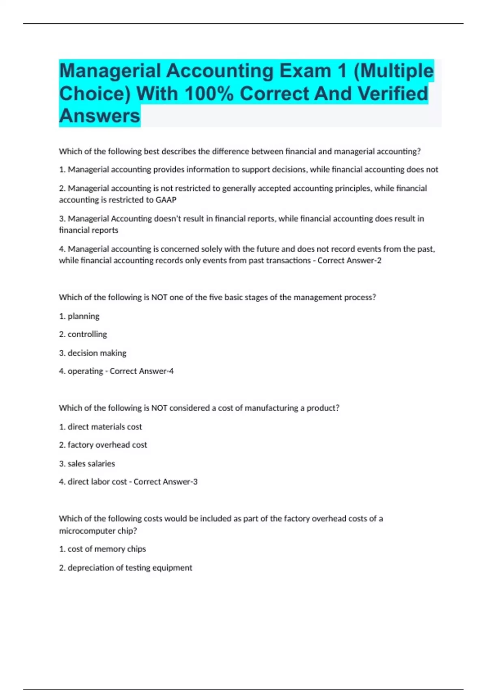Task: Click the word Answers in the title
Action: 99,116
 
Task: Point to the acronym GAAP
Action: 166,200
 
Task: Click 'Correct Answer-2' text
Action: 349,261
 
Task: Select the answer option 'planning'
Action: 83,316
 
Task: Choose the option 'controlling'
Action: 87,334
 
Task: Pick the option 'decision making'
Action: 97,353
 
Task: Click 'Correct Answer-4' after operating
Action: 141,371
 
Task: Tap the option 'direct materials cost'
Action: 104,427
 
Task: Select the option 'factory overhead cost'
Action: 107,445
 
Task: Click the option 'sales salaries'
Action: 91,464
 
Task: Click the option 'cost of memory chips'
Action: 106,549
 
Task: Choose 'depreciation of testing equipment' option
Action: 129,568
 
